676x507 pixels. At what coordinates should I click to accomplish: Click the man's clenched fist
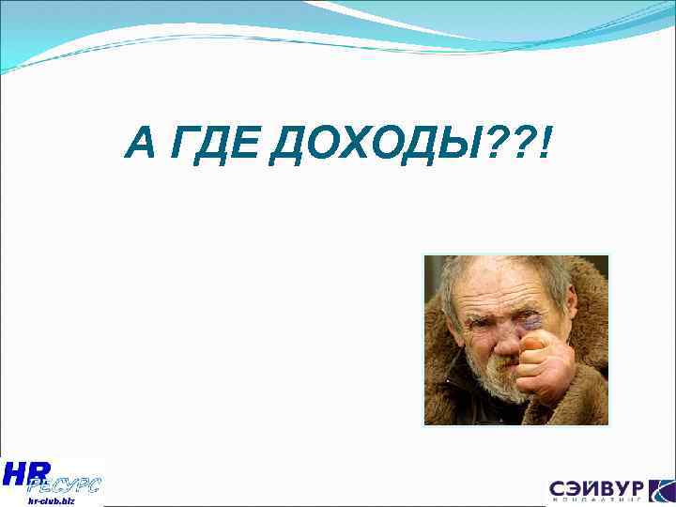click(543, 361)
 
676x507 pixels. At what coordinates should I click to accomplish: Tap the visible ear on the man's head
click(570, 304)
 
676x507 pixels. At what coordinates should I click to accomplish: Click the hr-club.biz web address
click(51, 501)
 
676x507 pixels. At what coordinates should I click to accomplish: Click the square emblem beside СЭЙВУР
click(660, 490)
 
